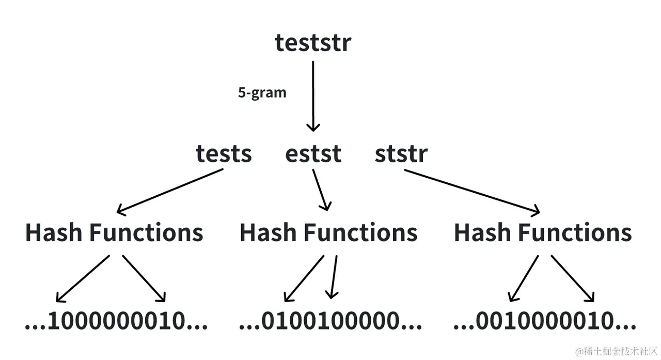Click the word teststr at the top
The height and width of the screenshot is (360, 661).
(312, 42)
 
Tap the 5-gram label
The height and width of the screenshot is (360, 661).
(262, 93)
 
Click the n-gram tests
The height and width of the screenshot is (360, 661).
(224, 154)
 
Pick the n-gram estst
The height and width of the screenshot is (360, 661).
(313, 154)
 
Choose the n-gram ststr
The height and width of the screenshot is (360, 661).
(401, 154)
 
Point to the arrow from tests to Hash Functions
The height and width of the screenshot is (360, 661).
(170, 191)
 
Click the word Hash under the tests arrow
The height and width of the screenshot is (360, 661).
(54, 233)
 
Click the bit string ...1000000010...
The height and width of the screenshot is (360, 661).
(116, 321)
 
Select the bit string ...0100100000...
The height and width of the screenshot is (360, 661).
(330, 321)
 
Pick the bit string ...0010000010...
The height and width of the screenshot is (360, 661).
(544, 321)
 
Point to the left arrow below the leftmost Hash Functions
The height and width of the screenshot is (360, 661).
(83, 278)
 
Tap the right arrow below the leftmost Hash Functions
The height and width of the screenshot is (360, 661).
(144, 278)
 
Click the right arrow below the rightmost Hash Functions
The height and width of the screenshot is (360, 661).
(573, 278)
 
